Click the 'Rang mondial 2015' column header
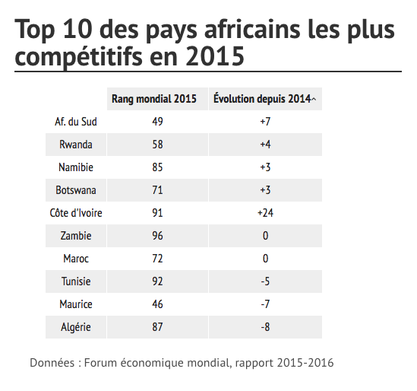click(154, 99)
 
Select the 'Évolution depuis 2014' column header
click(262, 99)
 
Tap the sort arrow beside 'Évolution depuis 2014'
click(314, 100)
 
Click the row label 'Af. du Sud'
click(76, 122)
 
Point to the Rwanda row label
click(76, 145)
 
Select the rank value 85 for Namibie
click(157, 167)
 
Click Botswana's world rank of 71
click(157, 190)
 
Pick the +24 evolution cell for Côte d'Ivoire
click(265, 213)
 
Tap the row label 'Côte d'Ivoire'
click(76, 213)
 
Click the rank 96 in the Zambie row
click(157, 236)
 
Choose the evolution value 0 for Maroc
click(265, 259)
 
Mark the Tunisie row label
click(76, 281)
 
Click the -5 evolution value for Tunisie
click(265, 281)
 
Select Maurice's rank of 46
click(157, 304)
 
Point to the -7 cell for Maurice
click(265, 304)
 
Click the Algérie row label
click(76, 327)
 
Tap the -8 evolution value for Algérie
click(265, 327)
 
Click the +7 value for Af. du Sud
click(265, 122)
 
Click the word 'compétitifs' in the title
click(79, 57)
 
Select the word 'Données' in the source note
click(52, 363)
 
